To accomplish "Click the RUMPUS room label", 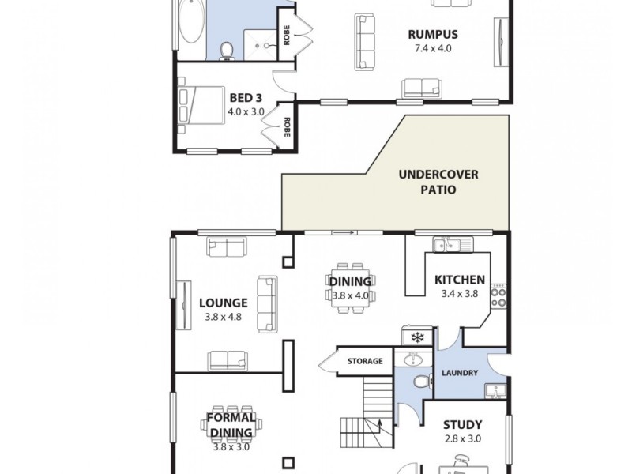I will (434, 34).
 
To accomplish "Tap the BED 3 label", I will (246, 98).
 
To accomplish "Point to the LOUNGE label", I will (224, 303).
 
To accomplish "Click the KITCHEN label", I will (459, 280).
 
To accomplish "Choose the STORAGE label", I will (365, 362).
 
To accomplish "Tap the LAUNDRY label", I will (460, 373).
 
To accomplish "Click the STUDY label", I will (462, 424).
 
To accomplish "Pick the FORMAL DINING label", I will (231, 425).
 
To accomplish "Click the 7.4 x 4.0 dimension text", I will (434, 48).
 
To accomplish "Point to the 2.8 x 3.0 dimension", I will (462, 439).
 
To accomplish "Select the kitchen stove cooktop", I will (498, 295).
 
